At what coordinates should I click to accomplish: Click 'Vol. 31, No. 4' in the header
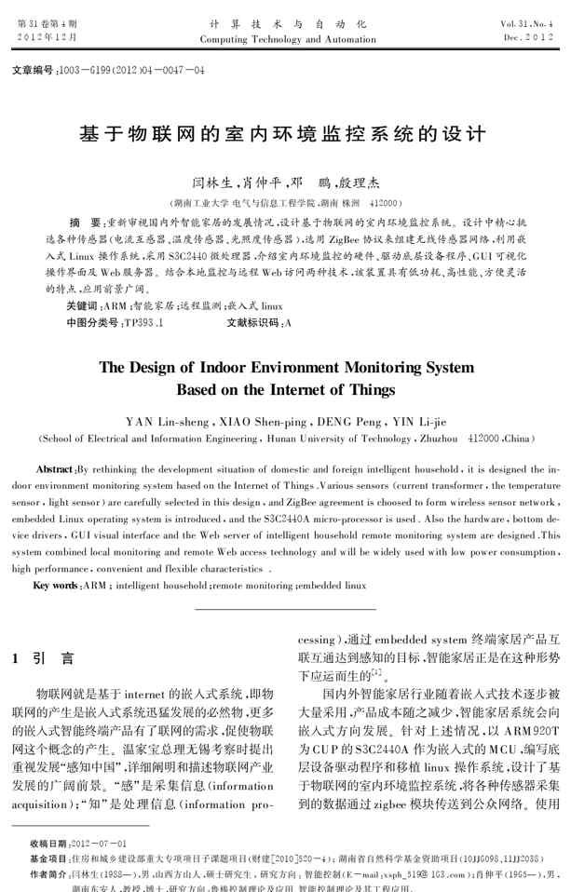(x=527, y=23)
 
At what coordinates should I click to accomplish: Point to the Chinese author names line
(x=285, y=183)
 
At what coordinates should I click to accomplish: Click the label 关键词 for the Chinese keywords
(x=81, y=306)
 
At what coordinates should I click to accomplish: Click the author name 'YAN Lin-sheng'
(x=164, y=421)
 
